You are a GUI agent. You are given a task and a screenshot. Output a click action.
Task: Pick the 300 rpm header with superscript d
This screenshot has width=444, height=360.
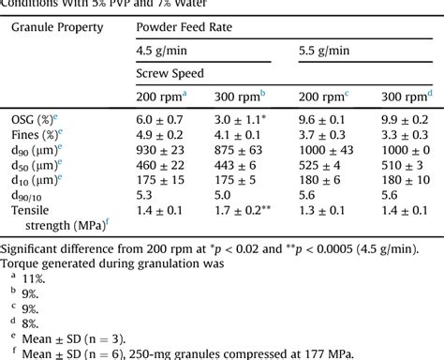[406, 97]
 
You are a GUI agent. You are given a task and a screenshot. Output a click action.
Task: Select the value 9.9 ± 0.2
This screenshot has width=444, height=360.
[405, 121]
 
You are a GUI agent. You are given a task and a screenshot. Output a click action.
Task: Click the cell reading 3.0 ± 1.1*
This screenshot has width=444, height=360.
[247, 121]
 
